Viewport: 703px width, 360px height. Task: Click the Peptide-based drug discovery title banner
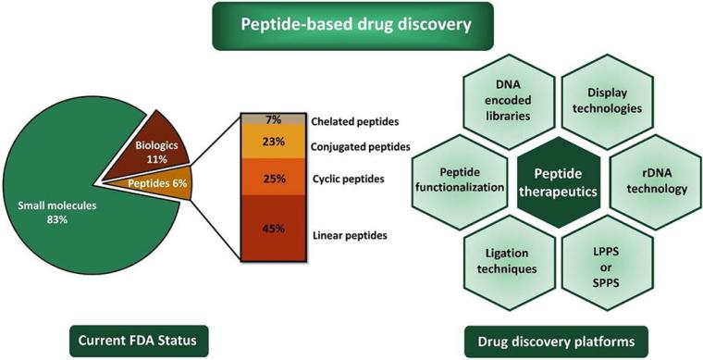[352, 26]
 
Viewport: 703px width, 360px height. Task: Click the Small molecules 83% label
[57, 213]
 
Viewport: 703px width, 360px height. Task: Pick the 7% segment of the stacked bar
[274, 119]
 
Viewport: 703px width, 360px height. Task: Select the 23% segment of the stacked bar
[274, 142]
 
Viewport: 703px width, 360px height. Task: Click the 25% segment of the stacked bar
[274, 177]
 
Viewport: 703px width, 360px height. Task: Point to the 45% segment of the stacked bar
[274, 229]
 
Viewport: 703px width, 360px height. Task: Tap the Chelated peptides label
[354, 121]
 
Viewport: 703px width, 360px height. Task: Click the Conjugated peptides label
[361, 146]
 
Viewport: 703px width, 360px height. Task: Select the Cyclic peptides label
[348, 179]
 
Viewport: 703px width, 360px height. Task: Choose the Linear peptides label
[350, 235]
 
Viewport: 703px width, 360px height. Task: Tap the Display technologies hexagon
[608, 101]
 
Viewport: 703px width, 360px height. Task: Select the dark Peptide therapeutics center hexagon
[558, 182]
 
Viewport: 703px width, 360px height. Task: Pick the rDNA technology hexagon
[657, 182]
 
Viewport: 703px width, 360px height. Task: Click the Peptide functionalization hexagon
[460, 182]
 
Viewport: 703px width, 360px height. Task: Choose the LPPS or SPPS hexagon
[608, 262]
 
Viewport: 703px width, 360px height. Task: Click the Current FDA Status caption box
[139, 341]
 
